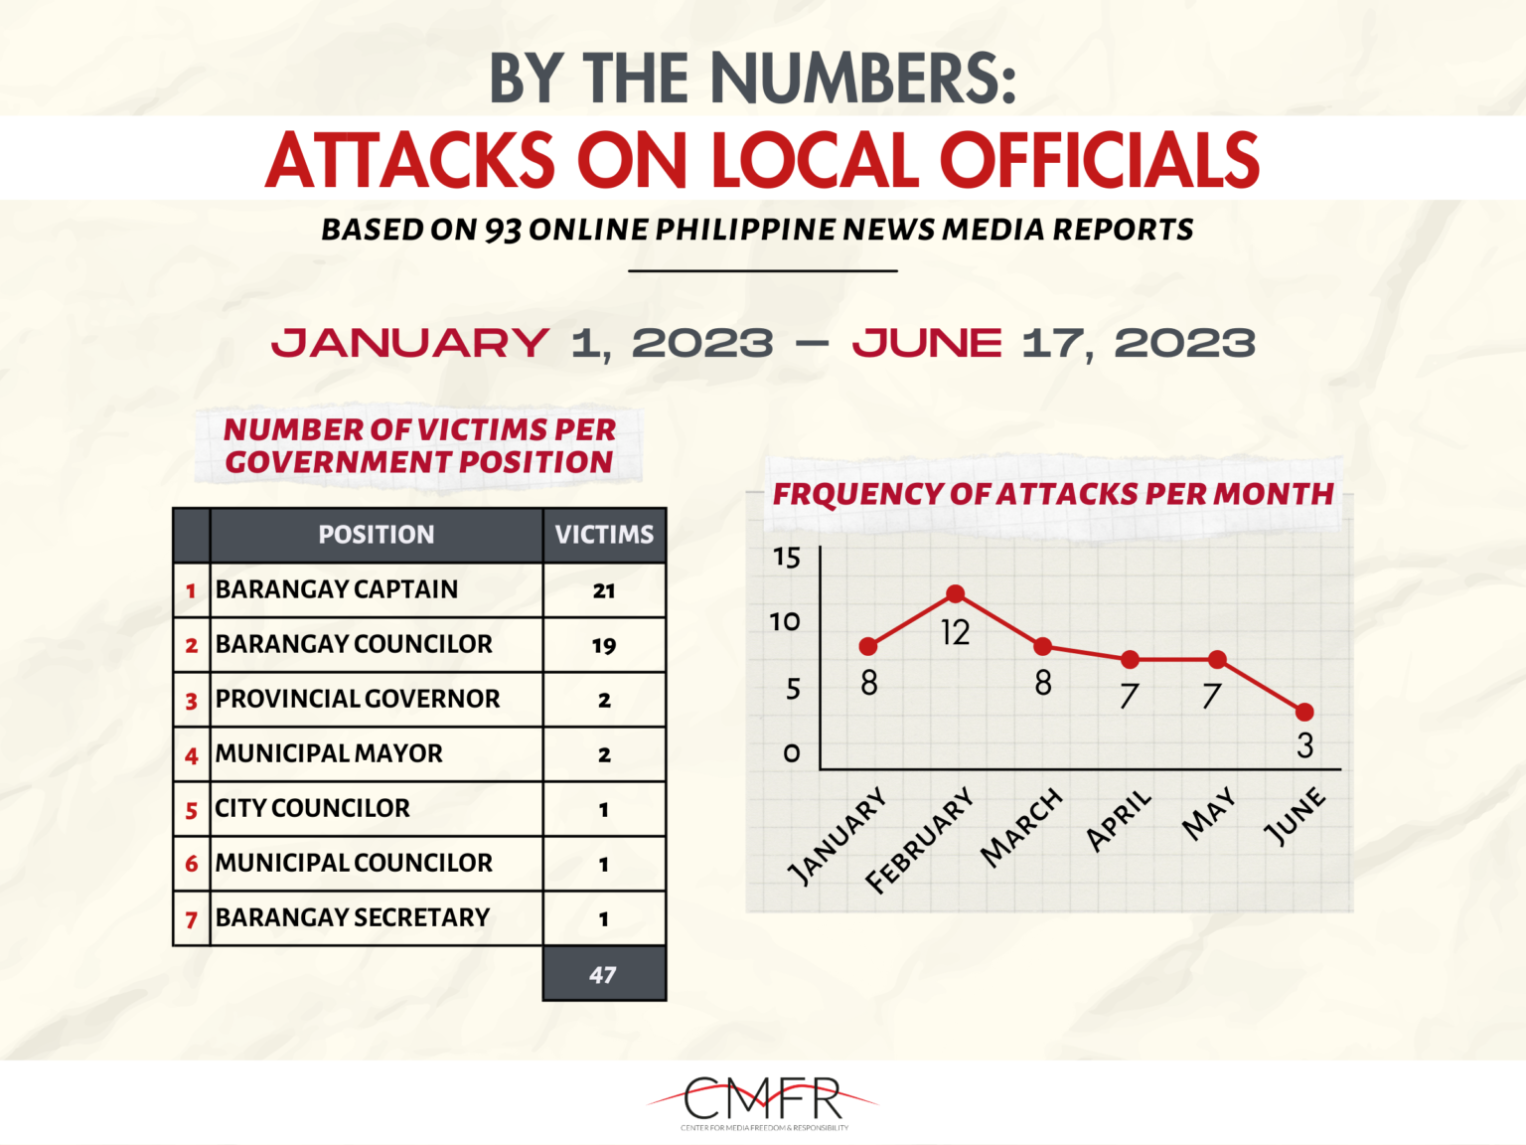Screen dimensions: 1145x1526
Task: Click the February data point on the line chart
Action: point(955,593)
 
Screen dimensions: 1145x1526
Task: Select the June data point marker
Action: point(1304,712)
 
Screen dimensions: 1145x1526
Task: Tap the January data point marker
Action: point(868,646)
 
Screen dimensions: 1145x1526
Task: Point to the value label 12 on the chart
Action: point(955,633)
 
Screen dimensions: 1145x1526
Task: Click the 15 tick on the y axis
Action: point(786,558)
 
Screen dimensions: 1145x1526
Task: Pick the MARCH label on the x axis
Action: point(1021,827)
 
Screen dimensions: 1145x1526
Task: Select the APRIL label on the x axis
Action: point(1118,821)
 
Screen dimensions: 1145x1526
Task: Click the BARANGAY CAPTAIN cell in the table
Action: point(337,589)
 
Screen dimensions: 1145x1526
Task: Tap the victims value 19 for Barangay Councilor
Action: point(604,646)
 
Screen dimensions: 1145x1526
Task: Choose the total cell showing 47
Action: point(603,975)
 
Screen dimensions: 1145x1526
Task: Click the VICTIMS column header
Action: point(604,535)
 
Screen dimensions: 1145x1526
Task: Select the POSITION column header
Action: point(377,535)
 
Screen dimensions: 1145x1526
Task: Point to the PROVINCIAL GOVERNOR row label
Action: point(358,699)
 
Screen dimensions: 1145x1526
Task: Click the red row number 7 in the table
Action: point(191,920)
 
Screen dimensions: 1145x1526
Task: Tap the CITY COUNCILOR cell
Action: point(313,808)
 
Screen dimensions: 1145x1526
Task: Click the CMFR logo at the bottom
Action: point(763,1100)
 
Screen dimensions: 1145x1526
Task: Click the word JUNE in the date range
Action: point(927,344)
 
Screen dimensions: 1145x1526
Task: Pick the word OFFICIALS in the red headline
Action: point(1099,160)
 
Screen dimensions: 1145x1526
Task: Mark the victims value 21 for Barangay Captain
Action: point(604,590)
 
